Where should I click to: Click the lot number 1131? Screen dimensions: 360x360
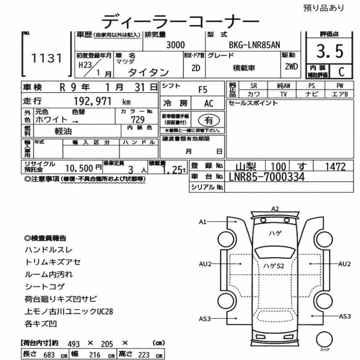46,58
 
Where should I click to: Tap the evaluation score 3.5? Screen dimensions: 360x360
330,51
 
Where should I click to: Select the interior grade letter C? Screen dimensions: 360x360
341,72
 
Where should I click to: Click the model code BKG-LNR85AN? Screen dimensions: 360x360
255,45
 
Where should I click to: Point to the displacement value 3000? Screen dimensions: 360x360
175,45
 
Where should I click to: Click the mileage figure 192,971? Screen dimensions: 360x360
93,101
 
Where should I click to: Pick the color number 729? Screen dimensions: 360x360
138,120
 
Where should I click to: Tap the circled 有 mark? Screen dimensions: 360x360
209,120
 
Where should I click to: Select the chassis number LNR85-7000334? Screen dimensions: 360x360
267,177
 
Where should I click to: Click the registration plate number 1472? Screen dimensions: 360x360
335,167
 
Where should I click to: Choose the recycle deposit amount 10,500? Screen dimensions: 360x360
79,168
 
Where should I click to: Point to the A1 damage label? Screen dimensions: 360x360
202,222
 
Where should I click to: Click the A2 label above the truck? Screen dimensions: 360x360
275,209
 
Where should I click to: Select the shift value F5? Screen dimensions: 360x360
203,90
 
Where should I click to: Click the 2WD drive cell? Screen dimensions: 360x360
291,67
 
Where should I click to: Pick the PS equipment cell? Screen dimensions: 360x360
311,86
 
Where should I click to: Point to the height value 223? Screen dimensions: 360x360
144,355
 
